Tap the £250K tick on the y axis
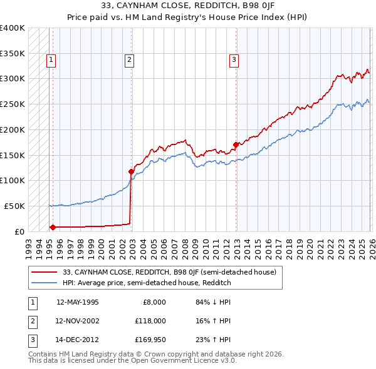click(x=13, y=104)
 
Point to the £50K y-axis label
click(x=14, y=206)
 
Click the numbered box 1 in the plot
click(x=51, y=61)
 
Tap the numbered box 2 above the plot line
click(x=128, y=61)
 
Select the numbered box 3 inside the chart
click(x=233, y=61)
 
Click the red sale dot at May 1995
click(x=53, y=227)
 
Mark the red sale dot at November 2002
click(x=131, y=171)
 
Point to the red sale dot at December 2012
click(x=236, y=145)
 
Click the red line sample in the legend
click(x=45, y=272)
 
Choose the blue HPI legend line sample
click(x=45, y=283)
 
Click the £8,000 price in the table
click(x=154, y=302)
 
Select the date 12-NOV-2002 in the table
click(x=77, y=321)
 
